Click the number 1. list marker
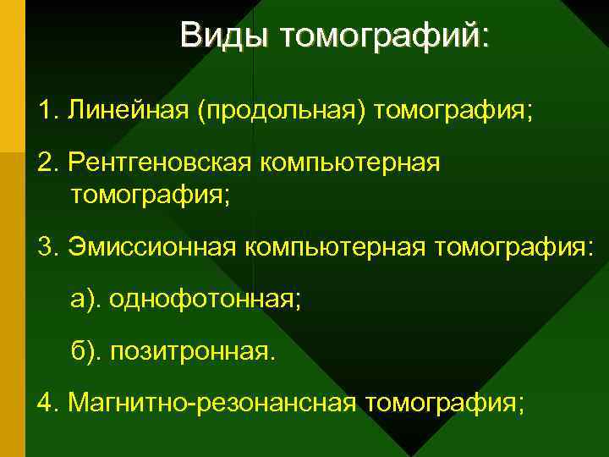click(47, 110)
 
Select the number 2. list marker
click(47, 162)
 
